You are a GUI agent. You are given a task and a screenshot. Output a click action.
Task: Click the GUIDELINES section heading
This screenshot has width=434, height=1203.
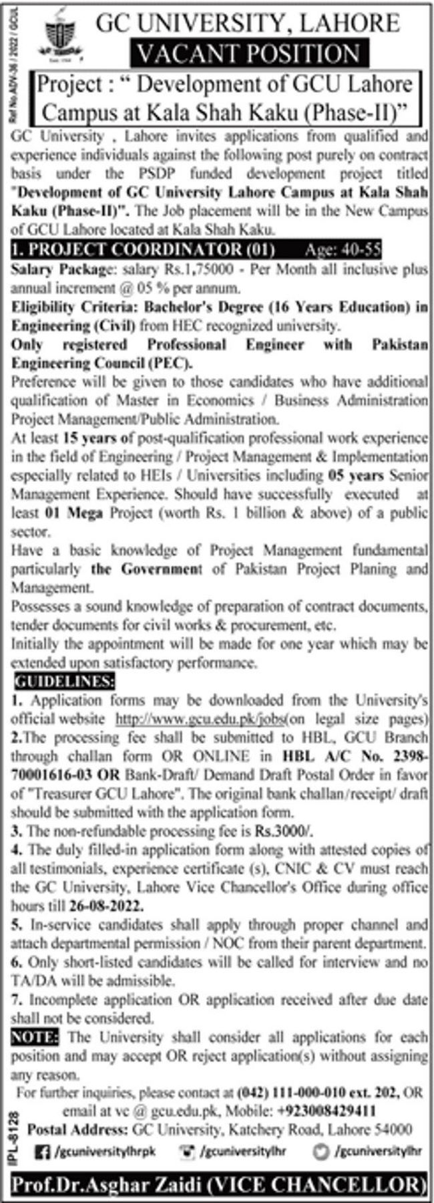[63, 682]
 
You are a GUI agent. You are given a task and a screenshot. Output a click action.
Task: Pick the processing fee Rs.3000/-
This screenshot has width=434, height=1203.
[283, 831]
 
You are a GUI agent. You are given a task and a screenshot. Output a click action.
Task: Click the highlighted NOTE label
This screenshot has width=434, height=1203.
[35, 1037]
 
